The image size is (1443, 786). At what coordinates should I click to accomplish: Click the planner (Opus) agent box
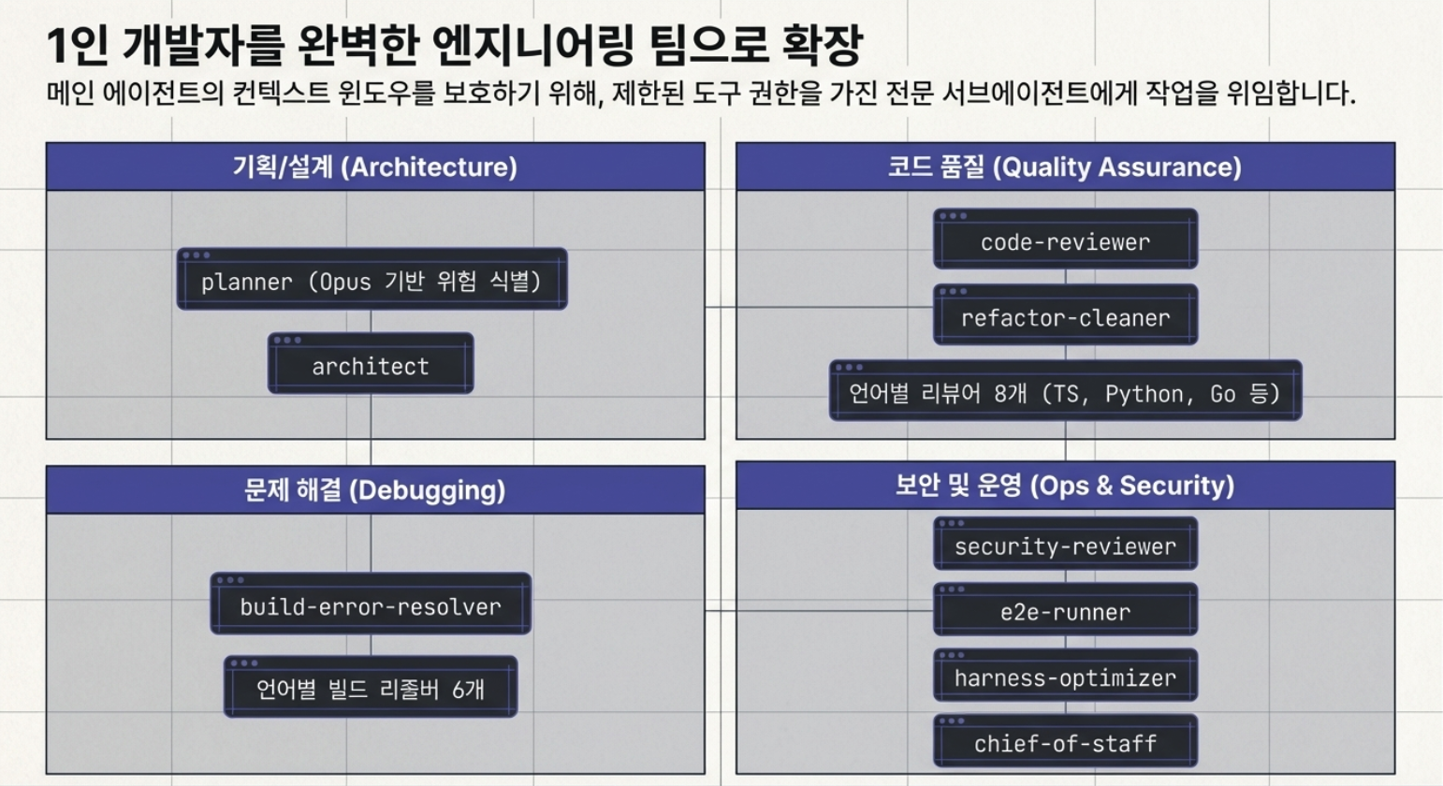click(372, 278)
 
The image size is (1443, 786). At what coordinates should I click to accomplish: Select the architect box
click(371, 363)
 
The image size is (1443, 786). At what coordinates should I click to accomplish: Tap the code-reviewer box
click(1066, 239)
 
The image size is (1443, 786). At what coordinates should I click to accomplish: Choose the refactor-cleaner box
click(1066, 314)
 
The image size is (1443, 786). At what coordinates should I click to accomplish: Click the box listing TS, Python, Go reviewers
click(1066, 390)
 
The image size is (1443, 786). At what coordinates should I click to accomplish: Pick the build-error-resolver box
click(371, 604)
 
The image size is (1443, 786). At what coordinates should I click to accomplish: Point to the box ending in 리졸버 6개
click(371, 687)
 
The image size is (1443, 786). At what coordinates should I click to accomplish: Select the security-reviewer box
click(1066, 543)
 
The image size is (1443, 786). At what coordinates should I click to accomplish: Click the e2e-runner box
click(1066, 609)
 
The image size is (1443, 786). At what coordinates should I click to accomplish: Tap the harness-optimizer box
click(1066, 676)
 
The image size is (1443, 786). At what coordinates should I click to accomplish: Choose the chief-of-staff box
click(1066, 741)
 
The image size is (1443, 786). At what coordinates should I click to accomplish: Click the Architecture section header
click(375, 167)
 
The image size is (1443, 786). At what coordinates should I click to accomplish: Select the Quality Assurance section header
click(1066, 167)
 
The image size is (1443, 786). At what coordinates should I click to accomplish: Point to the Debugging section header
click(375, 490)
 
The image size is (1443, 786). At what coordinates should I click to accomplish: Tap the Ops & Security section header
click(1066, 485)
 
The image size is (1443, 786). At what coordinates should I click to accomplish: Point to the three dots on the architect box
click(287, 341)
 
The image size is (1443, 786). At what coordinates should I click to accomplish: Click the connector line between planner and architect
click(371, 322)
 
